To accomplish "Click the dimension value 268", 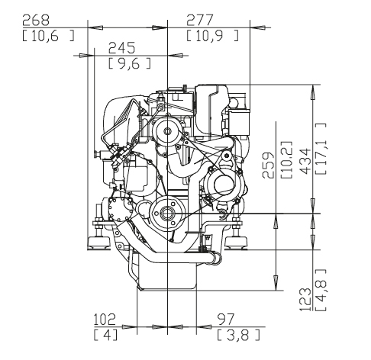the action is click(36, 21).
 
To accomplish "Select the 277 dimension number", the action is click(199, 21).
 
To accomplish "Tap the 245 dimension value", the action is click(121, 48).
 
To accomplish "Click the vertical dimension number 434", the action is click(305, 161).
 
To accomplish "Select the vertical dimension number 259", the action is click(268, 166).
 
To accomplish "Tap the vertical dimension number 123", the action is click(305, 300).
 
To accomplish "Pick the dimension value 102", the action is click(105, 320).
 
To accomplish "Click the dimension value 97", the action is click(225, 320).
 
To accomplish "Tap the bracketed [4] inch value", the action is click(106, 335).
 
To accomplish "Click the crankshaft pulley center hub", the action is click(167, 213).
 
